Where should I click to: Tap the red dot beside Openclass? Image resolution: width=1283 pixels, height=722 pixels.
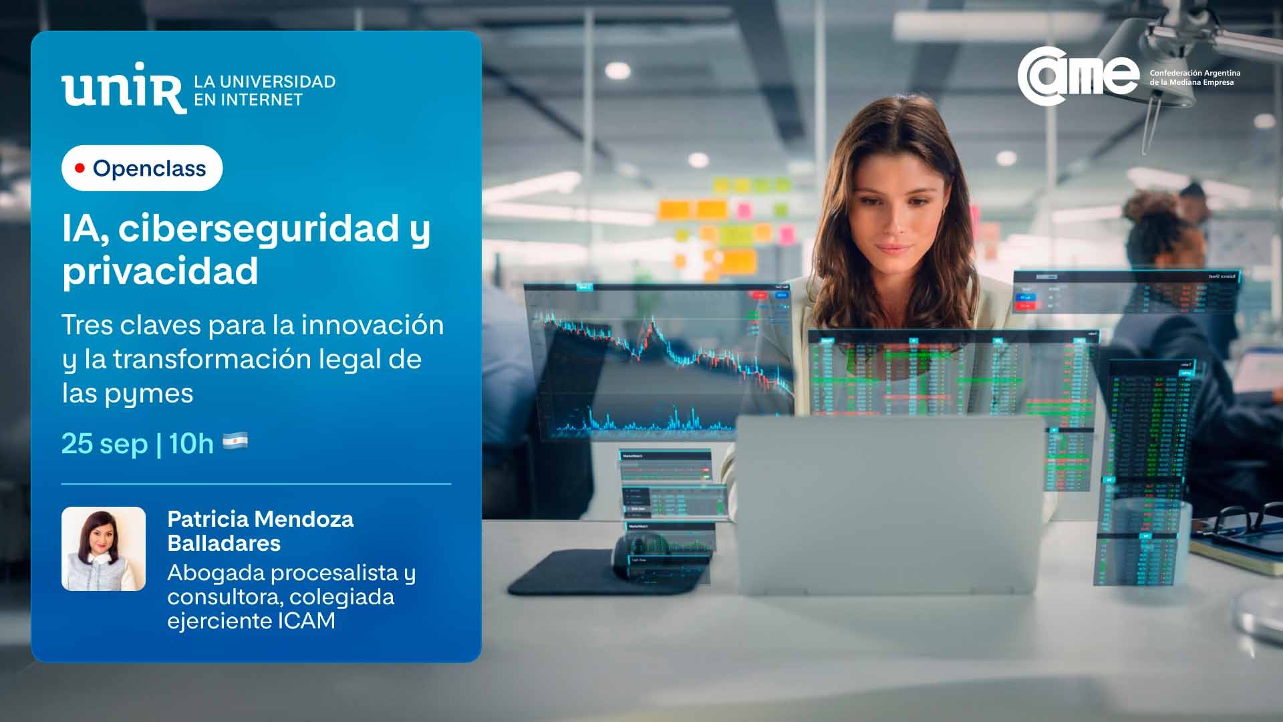(x=80, y=168)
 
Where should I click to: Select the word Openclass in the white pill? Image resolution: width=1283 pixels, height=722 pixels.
(x=149, y=168)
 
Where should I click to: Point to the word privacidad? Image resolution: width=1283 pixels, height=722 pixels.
(x=160, y=271)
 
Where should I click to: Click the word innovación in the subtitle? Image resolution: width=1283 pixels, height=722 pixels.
(x=372, y=326)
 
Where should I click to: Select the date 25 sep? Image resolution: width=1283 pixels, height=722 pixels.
(x=104, y=443)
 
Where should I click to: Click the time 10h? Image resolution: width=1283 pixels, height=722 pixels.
(x=190, y=443)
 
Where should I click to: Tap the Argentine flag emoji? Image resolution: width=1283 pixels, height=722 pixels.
(x=235, y=441)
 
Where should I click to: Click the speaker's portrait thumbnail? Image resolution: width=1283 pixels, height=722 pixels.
(x=104, y=549)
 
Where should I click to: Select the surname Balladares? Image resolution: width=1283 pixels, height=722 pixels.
(x=224, y=543)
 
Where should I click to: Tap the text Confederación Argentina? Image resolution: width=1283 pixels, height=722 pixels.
(x=1195, y=73)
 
